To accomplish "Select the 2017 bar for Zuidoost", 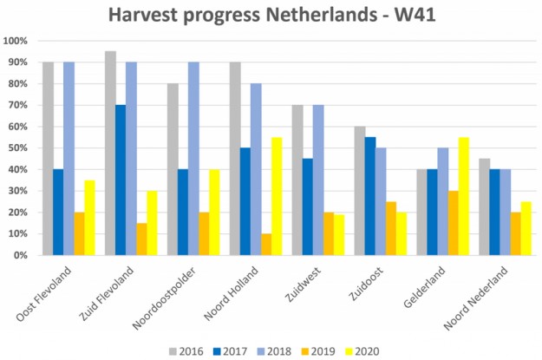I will click(371, 196).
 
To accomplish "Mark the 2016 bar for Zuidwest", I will click(298, 180).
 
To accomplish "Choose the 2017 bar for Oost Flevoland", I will click(59, 213).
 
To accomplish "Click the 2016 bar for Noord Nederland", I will click(485, 207).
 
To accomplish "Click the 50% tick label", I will click(18, 148).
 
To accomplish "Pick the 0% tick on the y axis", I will click(21, 255).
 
